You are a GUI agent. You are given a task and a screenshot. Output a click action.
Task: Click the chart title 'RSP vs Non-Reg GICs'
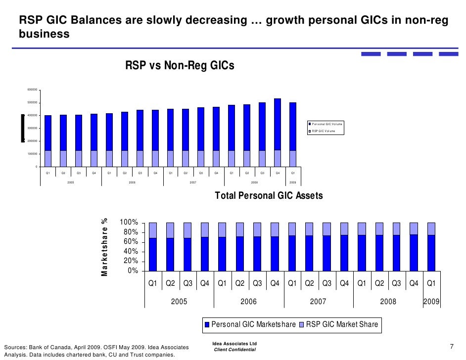pyautogui.click(x=180, y=66)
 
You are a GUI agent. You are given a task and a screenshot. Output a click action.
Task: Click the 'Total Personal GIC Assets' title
pyautogui.click(x=269, y=196)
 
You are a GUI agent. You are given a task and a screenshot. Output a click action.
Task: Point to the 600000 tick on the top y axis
pyautogui.click(x=32, y=90)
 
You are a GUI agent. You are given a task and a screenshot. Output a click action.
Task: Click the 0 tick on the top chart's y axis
pyautogui.click(x=36, y=167)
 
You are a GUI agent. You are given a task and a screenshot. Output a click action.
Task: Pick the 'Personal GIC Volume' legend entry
pyautogui.click(x=326, y=124)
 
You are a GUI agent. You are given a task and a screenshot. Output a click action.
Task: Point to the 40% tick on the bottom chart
pyautogui.click(x=130, y=252)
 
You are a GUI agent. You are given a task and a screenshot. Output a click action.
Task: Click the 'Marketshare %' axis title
pyautogui.click(x=104, y=247)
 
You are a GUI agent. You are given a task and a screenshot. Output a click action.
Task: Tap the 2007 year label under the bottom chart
pyautogui.click(x=318, y=302)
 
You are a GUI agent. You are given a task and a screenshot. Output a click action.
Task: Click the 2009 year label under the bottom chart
pyautogui.click(x=431, y=302)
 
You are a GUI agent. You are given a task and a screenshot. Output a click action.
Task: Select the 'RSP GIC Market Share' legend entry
pyautogui.click(x=342, y=324)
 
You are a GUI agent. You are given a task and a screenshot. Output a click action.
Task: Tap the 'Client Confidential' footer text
pyautogui.click(x=234, y=350)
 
